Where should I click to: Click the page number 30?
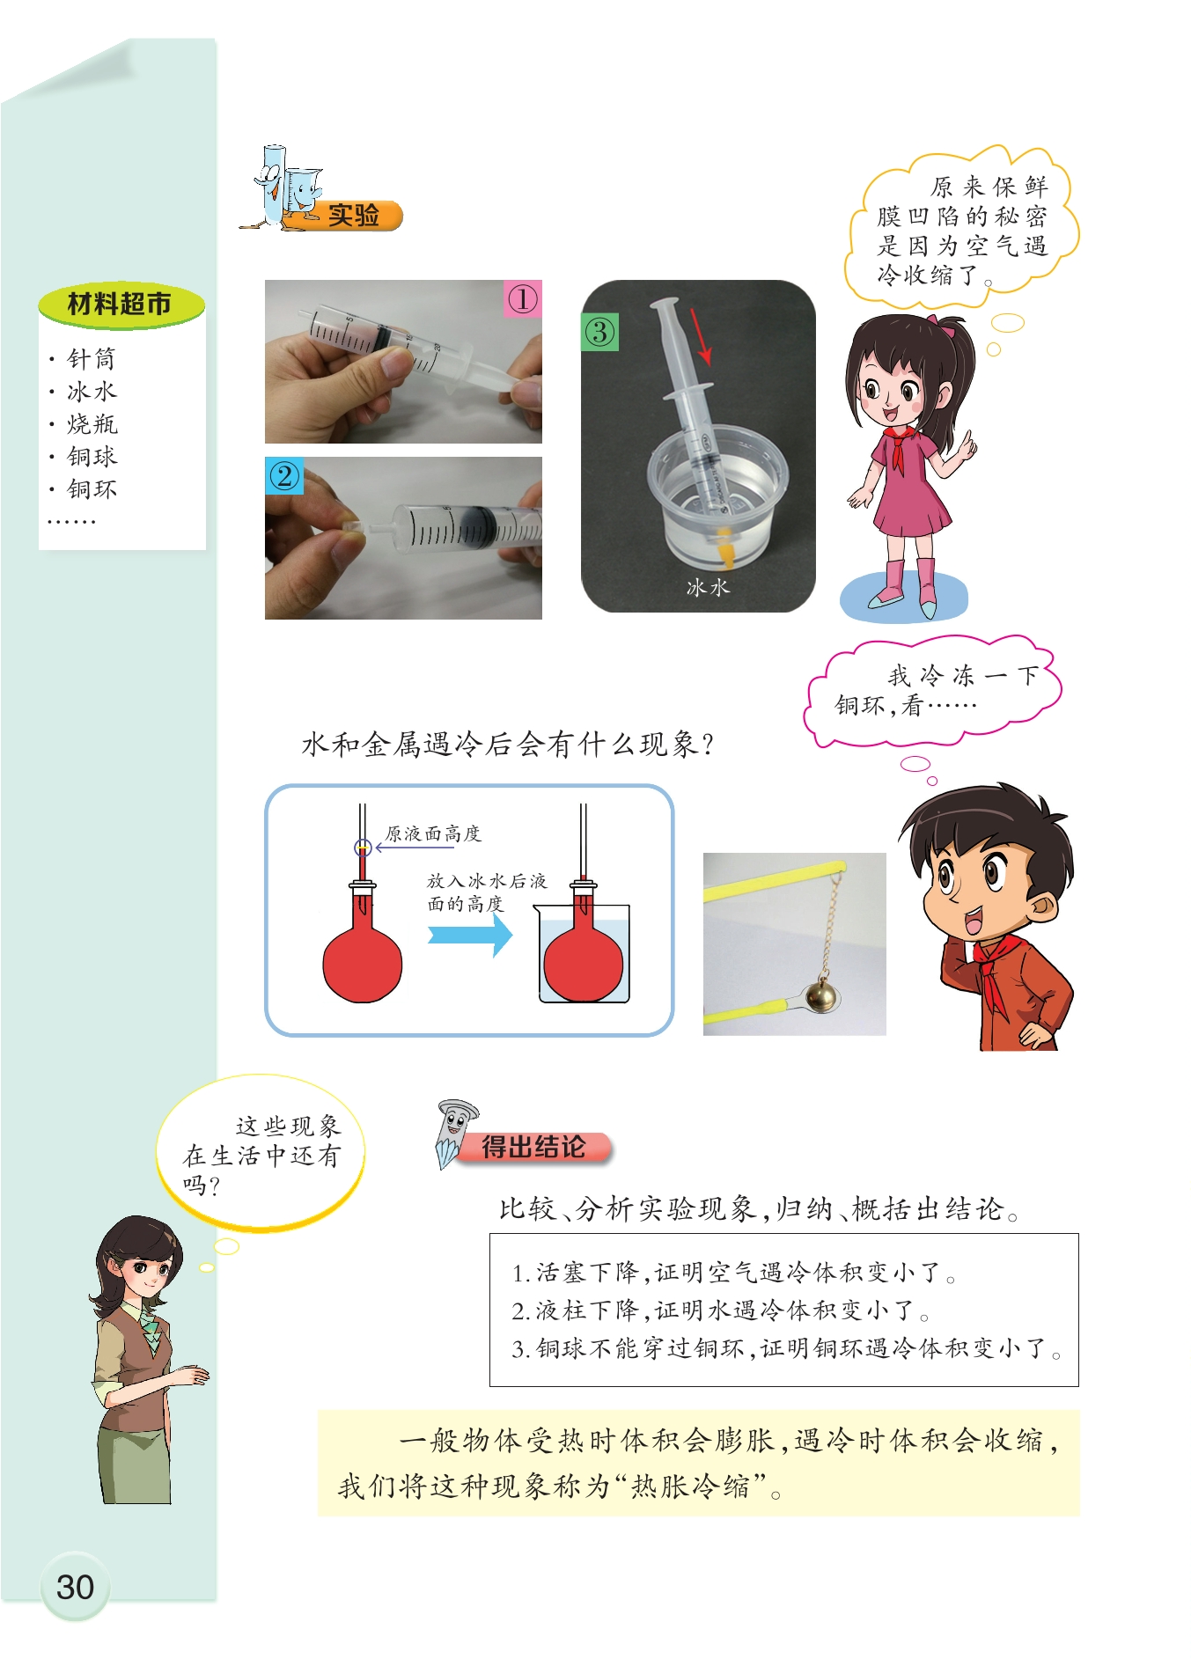tap(75, 1587)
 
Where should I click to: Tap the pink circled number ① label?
tap(522, 299)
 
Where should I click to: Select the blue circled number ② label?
tap(284, 476)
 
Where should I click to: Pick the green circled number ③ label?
tap(600, 332)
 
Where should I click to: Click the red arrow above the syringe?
tap(701, 335)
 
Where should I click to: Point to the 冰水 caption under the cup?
tap(708, 587)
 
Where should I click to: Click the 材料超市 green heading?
tap(121, 305)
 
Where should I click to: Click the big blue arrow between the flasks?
tap(470, 935)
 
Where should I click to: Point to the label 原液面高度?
tap(433, 833)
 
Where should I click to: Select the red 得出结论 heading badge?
tap(533, 1147)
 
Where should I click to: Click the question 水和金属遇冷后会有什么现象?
tap(507, 745)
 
